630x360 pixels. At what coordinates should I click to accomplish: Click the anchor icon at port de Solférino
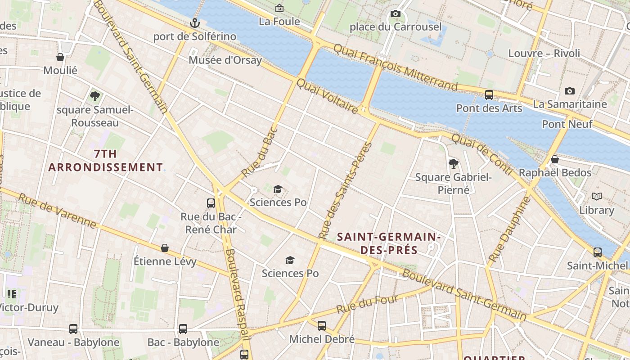[194, 23]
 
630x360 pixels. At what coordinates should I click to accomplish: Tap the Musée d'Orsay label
[225, 60]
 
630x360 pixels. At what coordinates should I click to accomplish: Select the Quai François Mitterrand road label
[396, 67]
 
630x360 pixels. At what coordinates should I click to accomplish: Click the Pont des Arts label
[489, 108]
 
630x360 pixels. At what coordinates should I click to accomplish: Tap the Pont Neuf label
[567, 124]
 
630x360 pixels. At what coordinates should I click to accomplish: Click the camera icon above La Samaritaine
[569, 91]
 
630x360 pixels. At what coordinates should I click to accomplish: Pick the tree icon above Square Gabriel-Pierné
[454, 163]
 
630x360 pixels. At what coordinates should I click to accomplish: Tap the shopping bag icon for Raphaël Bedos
[555, 159]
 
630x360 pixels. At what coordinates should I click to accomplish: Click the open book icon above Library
[597, 197]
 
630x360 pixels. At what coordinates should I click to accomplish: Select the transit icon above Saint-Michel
[598, 252]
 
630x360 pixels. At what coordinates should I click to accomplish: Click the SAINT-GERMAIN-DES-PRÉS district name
[387, 243]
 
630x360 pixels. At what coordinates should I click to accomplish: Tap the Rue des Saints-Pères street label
[345, 190]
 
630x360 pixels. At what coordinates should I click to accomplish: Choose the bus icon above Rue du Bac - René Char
[211, 203]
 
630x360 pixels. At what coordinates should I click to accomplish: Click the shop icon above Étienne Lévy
[165, 248]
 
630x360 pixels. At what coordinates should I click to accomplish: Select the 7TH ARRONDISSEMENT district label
[105, 160]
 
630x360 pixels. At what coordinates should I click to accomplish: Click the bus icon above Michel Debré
[322, 325]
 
